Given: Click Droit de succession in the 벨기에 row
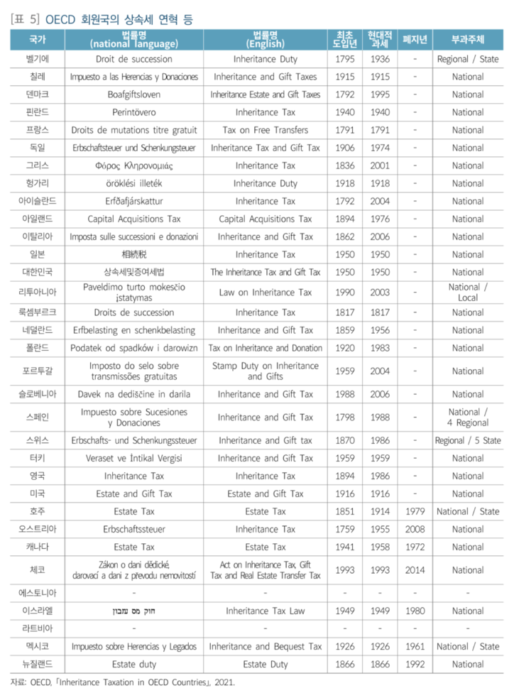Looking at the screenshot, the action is coord(134,59).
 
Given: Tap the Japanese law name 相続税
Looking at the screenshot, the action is coord(134,254).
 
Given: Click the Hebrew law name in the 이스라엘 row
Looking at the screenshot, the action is coord(134,611).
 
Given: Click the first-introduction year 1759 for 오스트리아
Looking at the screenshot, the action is coord(345,529).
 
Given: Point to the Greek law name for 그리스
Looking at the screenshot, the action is coord(134,165).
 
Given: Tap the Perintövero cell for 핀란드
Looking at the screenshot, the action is coord(134,112).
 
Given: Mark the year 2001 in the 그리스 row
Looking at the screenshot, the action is coord(380,165).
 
